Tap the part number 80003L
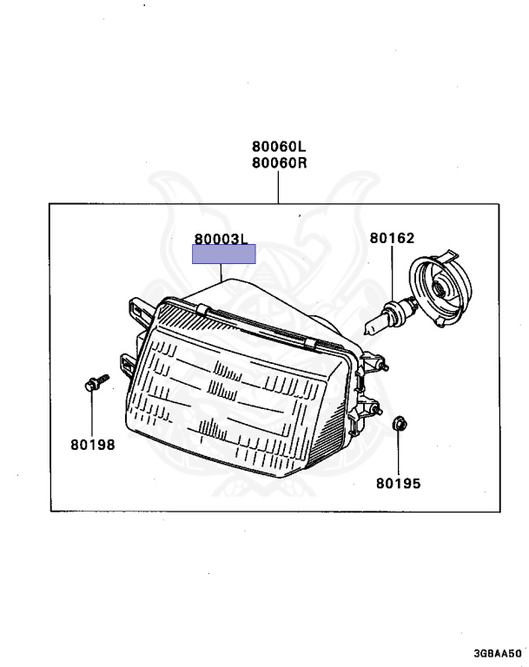coord(222,238)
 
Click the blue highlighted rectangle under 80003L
coord(224,254)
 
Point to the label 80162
coord(392,238)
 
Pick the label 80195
coord(398,482)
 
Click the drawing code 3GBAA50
coord(498,652)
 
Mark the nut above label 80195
coord(398,425)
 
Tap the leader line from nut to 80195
coord(398,452)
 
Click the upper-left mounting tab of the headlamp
coord(137,307)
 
